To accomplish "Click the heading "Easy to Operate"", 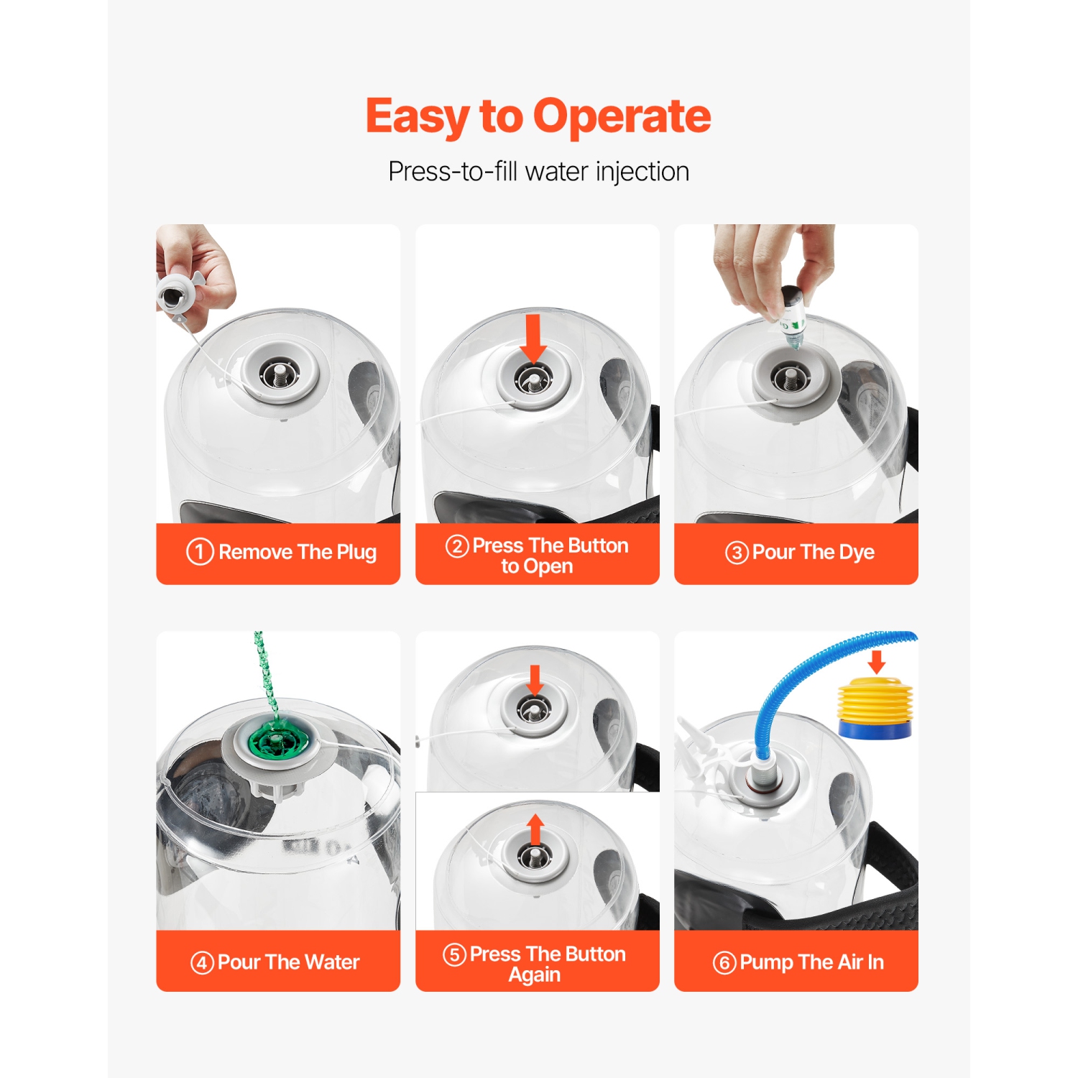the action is tap(538, 116).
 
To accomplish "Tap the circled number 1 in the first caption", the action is tap(200, 552).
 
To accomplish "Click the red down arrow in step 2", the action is tap(533, 338).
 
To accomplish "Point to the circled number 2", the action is tap(457, 546).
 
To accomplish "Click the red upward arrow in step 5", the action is tap(535, 830).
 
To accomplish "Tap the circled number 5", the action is tap(454, 954).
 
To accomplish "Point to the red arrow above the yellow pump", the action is tap(877, 662).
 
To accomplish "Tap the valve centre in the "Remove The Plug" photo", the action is tap(278, 374).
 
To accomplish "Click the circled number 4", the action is tap(202, 963).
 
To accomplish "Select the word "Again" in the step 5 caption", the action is tap(535, 975).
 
